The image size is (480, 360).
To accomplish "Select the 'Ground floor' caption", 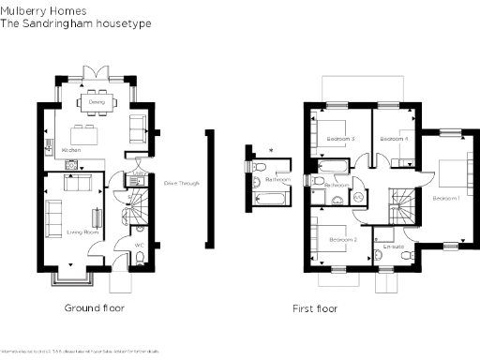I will (x=94, y=307).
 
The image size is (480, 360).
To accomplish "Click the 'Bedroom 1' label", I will (x=445, y=199).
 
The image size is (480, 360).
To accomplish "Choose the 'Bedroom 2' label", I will (x=342, y=241).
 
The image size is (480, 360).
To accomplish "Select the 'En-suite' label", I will (x=394, y=247).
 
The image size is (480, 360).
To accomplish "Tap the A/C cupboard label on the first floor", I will (x=357, y=198).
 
